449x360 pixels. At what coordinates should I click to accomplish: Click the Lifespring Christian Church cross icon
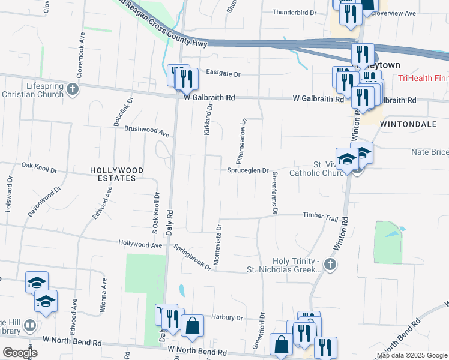pos(73,90)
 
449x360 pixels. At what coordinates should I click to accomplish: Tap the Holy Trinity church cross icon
pos(329,264)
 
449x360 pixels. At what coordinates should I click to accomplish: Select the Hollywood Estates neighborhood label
pos(116,175)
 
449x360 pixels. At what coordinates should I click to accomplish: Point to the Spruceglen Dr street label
pos(247,170)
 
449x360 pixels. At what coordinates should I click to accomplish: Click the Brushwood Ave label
pos(147,129)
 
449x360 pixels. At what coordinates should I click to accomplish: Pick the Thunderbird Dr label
pos(294,13)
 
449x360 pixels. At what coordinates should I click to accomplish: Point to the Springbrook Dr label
pos(192,257)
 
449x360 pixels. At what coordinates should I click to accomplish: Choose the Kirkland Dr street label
pos(208,119)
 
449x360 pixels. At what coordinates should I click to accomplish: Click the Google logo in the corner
pos(20,352)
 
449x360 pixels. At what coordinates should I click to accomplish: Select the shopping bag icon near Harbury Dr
pos(192,327)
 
